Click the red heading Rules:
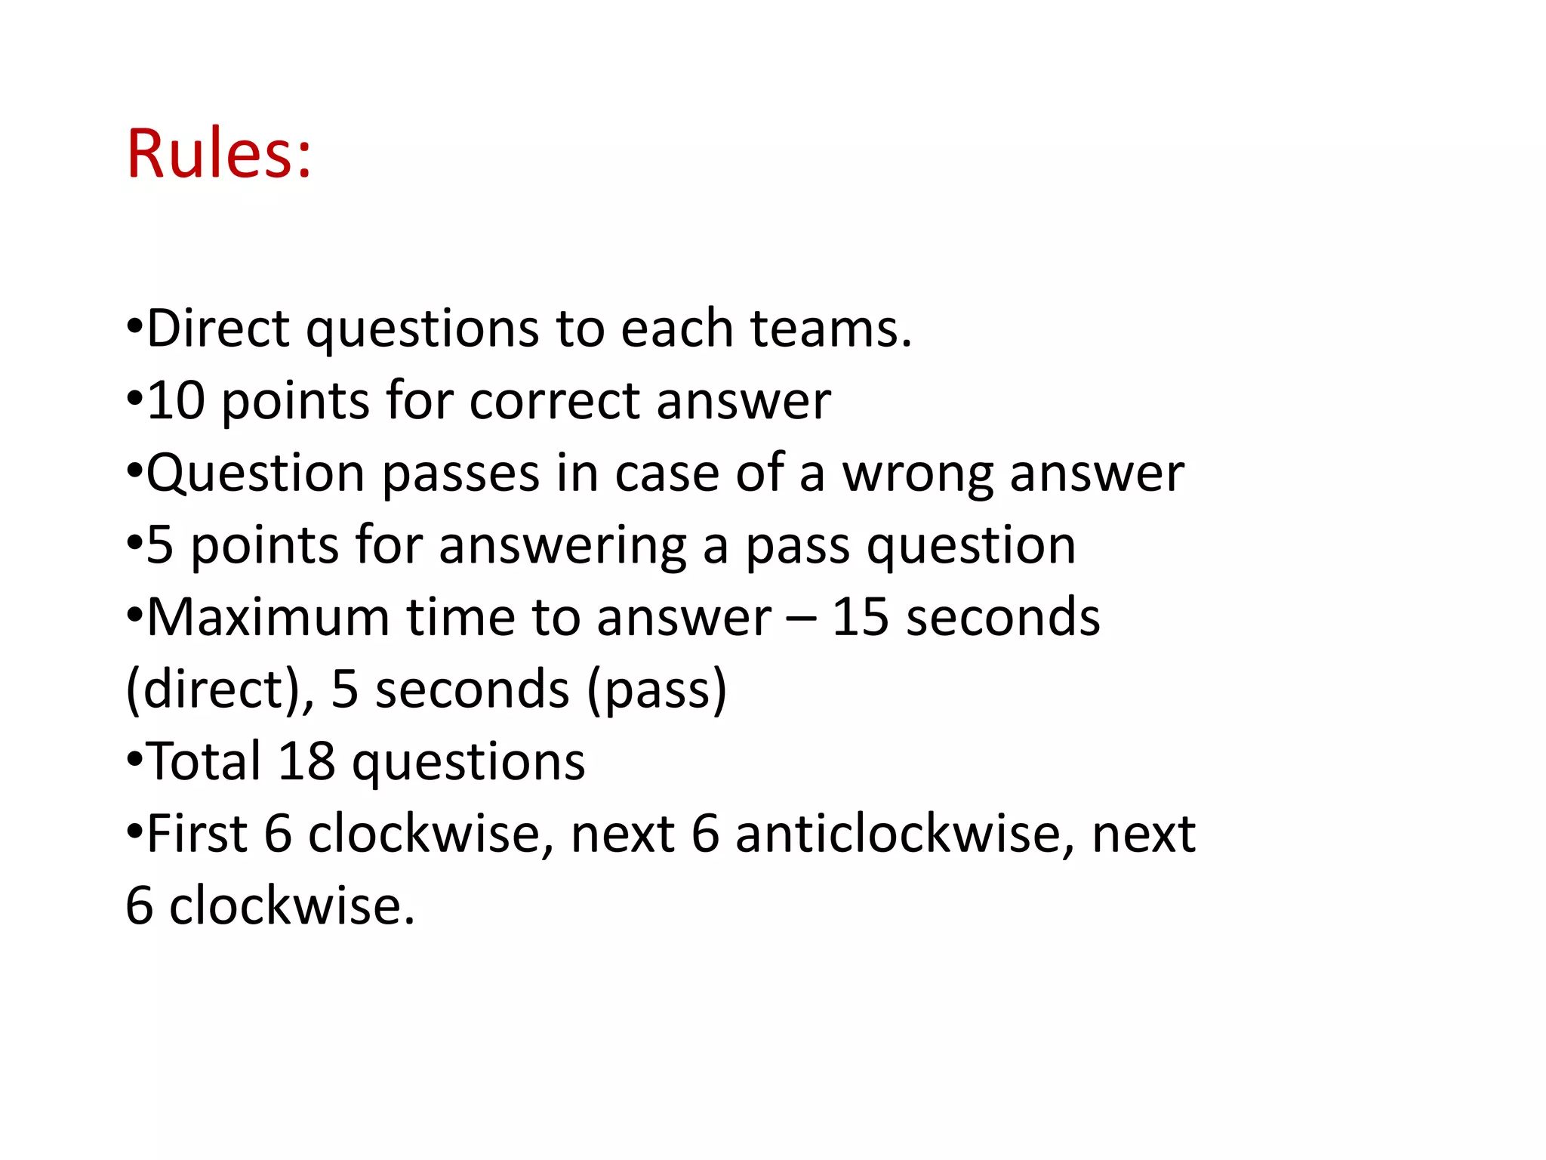(x=219, y=154)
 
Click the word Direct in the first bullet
(x=218, y=329)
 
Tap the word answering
(x=562, y=545)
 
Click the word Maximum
(x=268, y=618)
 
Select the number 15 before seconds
(x=860, y=618)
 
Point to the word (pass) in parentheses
(x=657, y=689)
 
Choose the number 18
(x=306, y=761)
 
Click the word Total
(x=204, y=761)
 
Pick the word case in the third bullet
(x=666, y=474)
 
